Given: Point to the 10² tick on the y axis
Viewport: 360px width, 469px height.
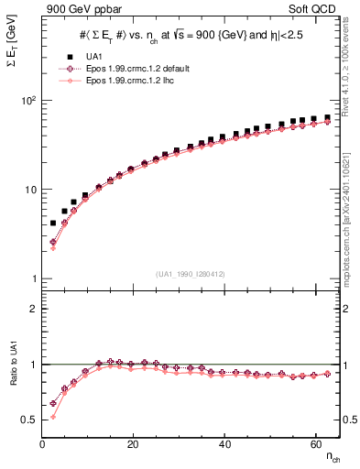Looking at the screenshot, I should click(27, 101).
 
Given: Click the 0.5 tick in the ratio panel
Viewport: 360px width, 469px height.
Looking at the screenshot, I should click(27, 420).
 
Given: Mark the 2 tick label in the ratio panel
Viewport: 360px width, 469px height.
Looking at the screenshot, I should click(31, 309).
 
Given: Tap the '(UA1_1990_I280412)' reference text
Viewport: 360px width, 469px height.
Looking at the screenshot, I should click(191, 274).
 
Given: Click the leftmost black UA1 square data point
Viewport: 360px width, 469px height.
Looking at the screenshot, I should click(53, 223).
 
